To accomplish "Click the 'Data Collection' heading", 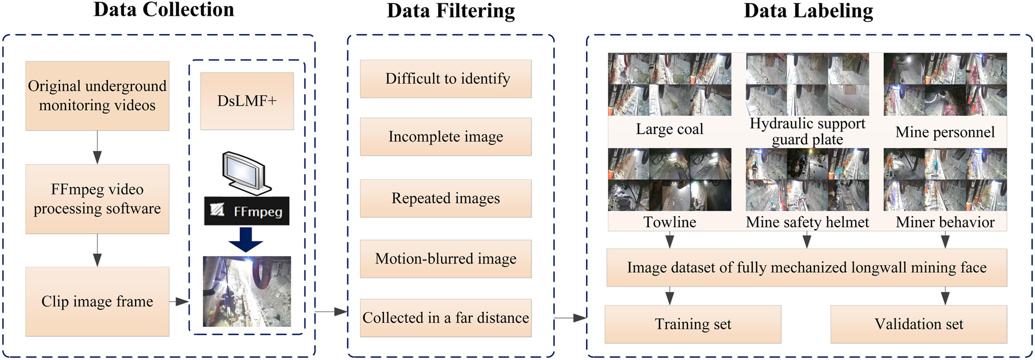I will coord(163,10).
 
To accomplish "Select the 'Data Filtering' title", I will coord(450,11).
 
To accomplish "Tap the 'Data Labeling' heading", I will coord(808,11).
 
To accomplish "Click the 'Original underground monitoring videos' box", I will coord(97,96).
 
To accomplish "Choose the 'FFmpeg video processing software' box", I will coord(97,199).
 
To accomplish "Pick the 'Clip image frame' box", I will coord(97,301).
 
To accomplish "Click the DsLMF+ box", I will coord(247,101).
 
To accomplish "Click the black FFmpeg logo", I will coord(247,211).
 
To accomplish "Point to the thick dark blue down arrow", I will coord(246,239).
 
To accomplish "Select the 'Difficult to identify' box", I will coord(446,79).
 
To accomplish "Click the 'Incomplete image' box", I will coord(446,137).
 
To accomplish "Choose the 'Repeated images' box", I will coord(446,198).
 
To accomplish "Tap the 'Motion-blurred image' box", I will coord(446,259).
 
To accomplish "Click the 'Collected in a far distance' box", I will coord(446,318).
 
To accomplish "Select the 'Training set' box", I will coord(693,324).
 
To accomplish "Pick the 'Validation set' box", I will coord(918,324).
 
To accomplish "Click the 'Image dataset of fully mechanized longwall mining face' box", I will coord(807,267).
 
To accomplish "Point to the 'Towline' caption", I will coord(669,222).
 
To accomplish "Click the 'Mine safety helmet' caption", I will coord(807,222).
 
